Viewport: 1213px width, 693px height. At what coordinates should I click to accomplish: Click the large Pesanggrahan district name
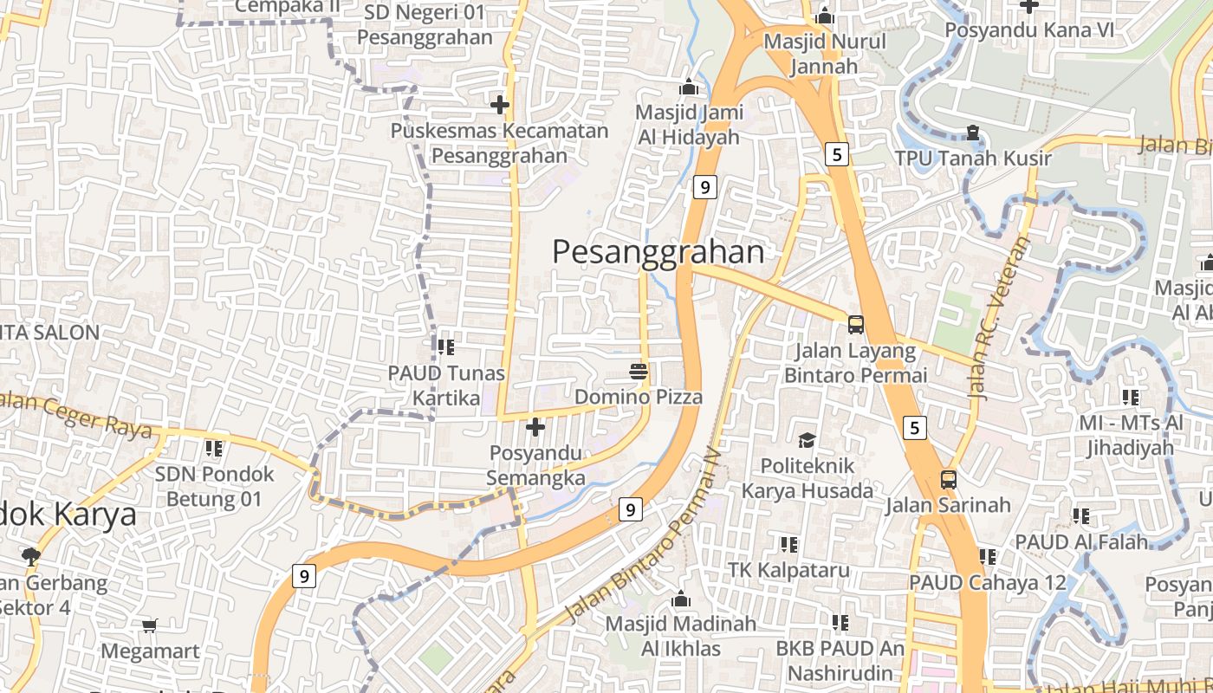click(x=658, y=252)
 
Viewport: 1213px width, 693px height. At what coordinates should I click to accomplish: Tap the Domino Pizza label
click(x=639, y=397)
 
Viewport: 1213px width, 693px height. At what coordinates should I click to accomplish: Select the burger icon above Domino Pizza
click(x=639, y=372)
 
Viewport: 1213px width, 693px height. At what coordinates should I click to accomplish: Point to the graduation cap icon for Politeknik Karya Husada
click(x=808, y=440)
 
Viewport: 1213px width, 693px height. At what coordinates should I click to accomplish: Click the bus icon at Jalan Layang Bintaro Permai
click(x=856, y=325)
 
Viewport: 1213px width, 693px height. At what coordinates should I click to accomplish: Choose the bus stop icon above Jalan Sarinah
click(x=949, y=479)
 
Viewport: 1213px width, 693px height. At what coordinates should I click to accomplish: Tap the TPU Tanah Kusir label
click(x=973, y=159)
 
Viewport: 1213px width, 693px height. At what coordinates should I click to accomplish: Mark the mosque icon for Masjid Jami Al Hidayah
click(x=689, y=87)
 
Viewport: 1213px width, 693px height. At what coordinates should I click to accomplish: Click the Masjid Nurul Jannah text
click(x=824, y=54)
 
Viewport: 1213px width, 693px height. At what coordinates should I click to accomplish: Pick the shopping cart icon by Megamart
click(x=149, y=625)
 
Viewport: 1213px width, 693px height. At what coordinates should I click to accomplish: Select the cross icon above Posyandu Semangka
click(x=535, y=427)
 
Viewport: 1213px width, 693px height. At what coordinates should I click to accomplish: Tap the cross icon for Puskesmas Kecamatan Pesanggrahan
click(x=500, y=106)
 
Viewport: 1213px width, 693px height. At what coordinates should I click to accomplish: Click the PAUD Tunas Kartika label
click(x=446, y=385)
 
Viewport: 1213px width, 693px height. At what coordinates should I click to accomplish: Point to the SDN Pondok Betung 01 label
click(x=213, y=486)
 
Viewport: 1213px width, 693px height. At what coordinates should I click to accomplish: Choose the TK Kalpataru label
click(x=788, y=570)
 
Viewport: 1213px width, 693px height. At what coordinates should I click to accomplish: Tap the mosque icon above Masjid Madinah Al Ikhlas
click(x=681, y=599)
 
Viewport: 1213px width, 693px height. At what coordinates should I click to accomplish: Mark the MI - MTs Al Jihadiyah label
click(x=1131, y=435)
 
